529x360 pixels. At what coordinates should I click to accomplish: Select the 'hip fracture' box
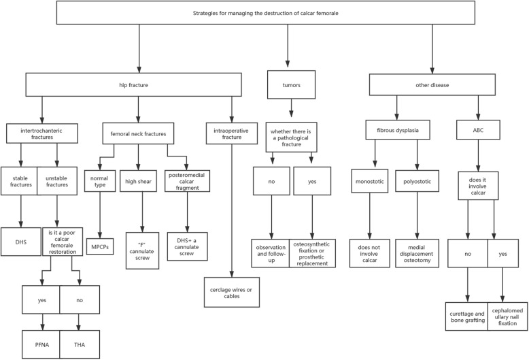pyautogui.click(x=139, y=84)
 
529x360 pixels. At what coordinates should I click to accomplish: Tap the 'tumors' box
pyautogui.click(x=291, y=84)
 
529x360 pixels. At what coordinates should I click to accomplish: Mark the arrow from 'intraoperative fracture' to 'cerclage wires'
pyautogui.click(x=232, y=204)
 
